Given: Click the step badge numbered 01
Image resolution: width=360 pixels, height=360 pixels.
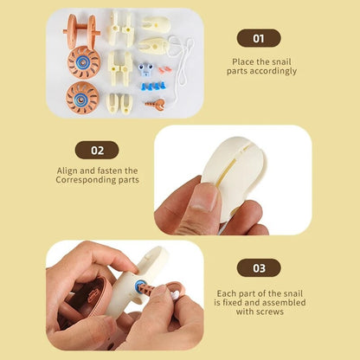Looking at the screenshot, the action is click(259, 38).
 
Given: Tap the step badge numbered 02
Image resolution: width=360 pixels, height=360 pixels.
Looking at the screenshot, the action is click(97, 150).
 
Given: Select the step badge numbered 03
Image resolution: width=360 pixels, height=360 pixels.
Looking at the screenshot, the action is click(259, 268).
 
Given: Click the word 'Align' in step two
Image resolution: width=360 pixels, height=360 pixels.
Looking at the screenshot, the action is click(67, 170).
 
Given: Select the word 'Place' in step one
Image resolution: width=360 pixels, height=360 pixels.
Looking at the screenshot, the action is click(243, 62).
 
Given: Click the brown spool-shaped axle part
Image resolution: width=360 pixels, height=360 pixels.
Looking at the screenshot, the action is click(81, 31).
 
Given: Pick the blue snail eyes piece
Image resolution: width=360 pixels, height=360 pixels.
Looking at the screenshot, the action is click(145, 69).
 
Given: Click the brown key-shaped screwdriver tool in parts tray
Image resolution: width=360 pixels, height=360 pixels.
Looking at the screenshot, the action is click(156, 105).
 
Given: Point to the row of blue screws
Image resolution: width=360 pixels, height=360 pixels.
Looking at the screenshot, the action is click(153, 86).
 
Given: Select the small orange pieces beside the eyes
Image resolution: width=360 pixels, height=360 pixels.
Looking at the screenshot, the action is click(164, 70).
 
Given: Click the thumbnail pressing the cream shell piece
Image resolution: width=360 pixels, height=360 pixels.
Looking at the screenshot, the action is click(204, 196).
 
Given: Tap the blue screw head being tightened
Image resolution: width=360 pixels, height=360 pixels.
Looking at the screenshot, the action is click(139, 286).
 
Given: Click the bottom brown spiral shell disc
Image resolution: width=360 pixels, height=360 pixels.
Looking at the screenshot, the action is click(82, 98).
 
